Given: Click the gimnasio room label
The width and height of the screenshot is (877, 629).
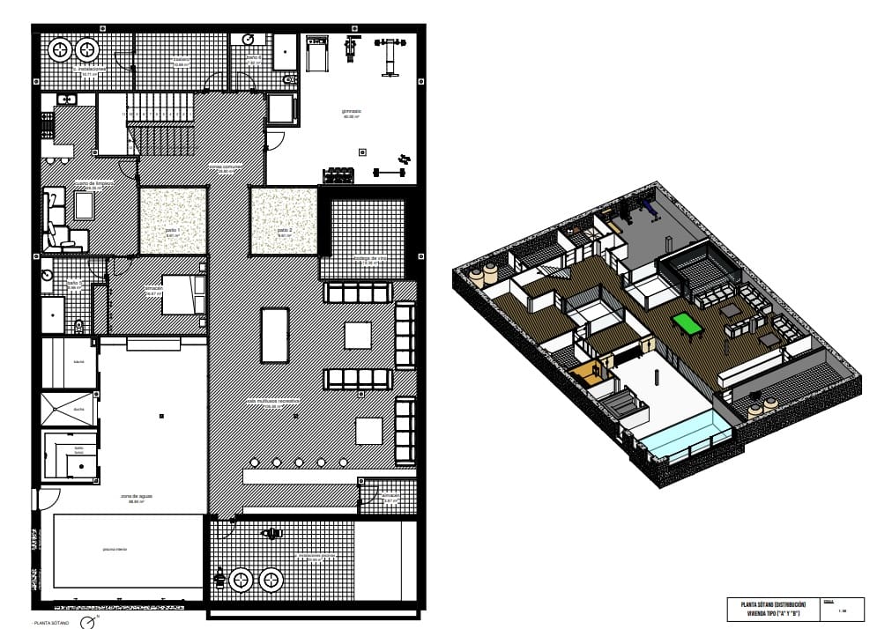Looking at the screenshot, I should pyautogui.click(x=352, y=112).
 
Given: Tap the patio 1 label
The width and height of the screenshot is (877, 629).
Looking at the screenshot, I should pyautogui.click(x=172, y=231).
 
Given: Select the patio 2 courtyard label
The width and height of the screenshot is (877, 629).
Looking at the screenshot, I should pyautogui.click(x=284, y=232).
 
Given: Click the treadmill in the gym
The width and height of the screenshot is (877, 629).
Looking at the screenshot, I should pyautogui.click(x=316, y=55).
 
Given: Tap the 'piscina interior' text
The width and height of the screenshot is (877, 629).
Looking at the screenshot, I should pyautogui.click(x=115, y=549).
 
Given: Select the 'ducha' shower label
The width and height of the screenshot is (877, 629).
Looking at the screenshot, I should pyautogui.click(x=79, y=409).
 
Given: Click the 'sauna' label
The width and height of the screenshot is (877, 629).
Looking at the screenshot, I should pyautogui.click(x=79, y=361).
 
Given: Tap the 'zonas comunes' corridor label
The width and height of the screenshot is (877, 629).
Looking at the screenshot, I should pyautogui.click(x=225, y=166).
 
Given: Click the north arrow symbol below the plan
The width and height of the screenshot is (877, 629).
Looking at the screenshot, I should pyautogui.click(x=88, y=623).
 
